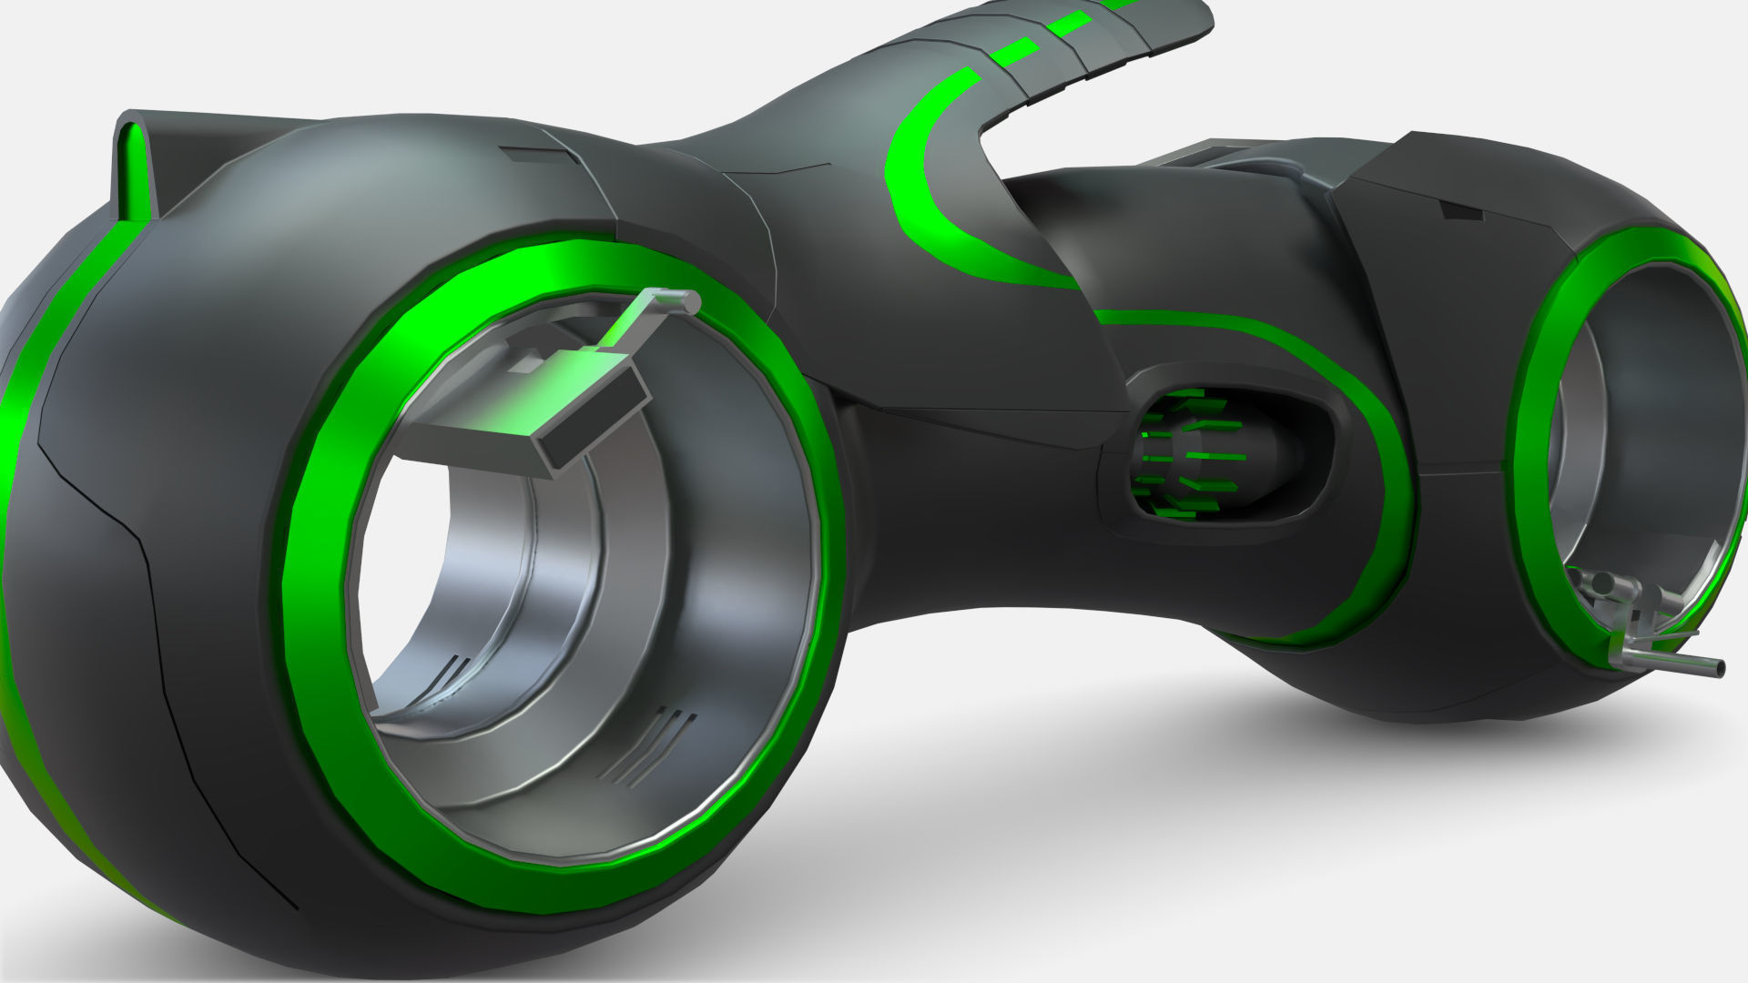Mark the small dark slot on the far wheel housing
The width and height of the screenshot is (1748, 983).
[x=1460, y=211]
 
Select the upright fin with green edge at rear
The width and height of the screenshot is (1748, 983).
[x=137, y=168]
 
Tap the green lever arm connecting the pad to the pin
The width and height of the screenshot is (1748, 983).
[x=637, y=323]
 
